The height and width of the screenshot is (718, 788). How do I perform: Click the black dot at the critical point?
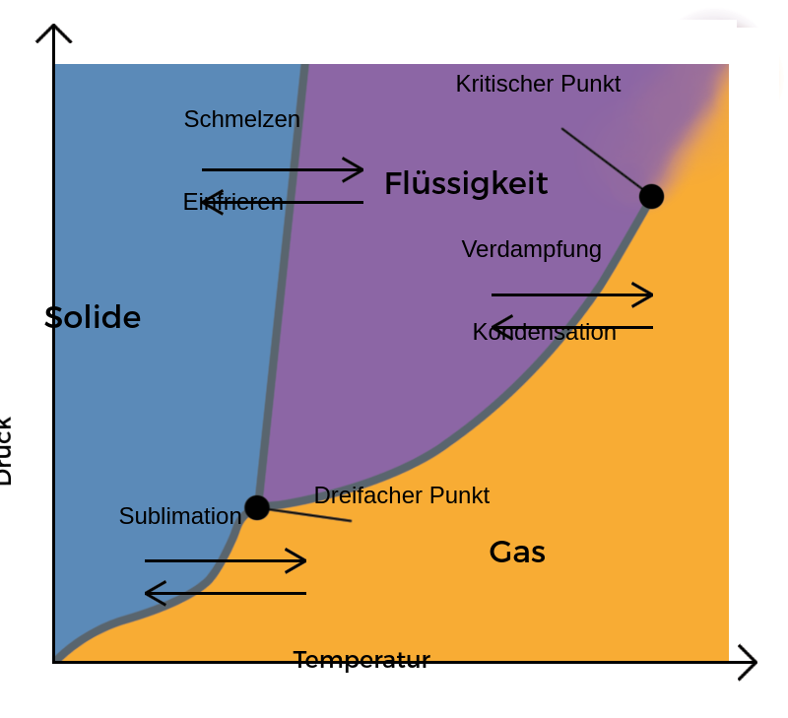(651, 196)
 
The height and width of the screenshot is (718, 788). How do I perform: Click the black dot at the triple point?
(257, 507)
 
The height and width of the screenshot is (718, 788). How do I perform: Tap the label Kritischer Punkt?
(538, 84)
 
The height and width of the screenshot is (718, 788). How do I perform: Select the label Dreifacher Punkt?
(401, 495)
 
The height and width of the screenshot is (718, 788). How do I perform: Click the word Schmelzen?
(241, 119)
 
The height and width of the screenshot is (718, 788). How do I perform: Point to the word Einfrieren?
(233, 202)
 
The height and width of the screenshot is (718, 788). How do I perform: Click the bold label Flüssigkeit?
(466, 183)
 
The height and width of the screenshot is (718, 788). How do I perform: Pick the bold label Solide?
(93, 317)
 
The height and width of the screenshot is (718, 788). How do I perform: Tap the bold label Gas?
(516, 552)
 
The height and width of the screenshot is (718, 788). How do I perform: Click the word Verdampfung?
(531, 249)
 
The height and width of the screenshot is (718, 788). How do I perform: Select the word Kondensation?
(544, 332)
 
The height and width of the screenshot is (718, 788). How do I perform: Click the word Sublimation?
(180, 516)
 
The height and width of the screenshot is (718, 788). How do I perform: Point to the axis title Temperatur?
(361, 660)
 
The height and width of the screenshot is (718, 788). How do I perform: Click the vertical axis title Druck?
(6, 451)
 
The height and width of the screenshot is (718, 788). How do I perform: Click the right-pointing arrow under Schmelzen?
(283, 169)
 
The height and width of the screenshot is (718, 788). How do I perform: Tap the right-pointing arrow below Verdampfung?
(572, 294)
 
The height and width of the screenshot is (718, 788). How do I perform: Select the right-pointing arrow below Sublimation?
(226, 560)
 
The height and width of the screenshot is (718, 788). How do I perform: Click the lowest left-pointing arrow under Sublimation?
(226, 593)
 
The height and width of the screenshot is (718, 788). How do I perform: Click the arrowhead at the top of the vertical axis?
(54, 32)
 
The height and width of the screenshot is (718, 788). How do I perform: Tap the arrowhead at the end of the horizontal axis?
(749, 662)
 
